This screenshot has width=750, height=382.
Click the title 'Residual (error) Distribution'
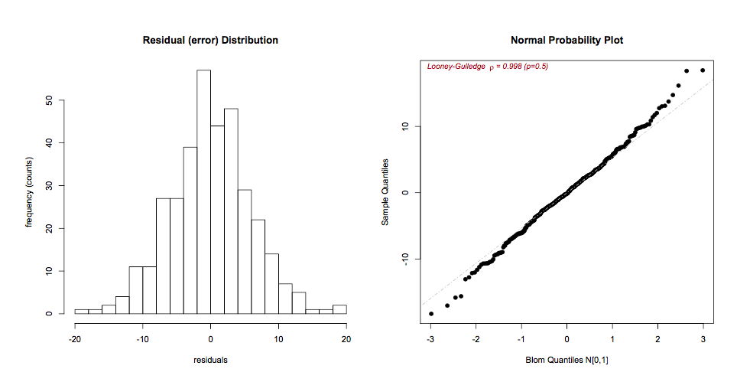coord(210,40)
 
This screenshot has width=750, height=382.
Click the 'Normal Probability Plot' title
coord(567,40)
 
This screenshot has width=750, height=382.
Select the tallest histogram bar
coord(203,191)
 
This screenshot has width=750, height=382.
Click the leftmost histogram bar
coord(81,311)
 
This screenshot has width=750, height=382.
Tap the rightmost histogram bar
coord(339,309)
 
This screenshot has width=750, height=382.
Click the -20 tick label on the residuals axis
coord(74,339)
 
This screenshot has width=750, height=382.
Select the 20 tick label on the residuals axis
coord(346,339)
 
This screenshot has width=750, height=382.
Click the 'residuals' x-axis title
coord(210,358)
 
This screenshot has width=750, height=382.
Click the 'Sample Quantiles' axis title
coord(386,192)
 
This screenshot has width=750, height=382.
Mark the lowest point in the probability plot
coord(431,314)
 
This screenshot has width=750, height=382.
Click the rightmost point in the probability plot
coord(703,70)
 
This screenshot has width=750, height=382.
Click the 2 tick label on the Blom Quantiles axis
coord(657,339)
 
